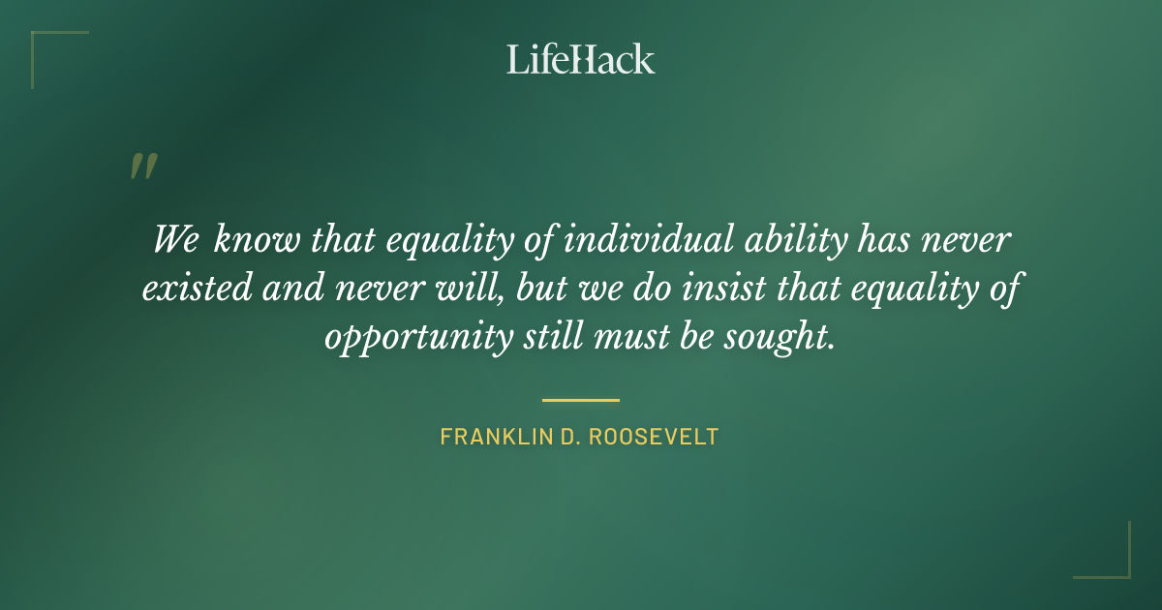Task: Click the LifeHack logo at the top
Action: point(581,59)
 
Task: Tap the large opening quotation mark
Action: point(142,167)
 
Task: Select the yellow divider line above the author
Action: point(581,399)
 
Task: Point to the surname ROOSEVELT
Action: point(658,437)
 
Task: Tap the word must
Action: point(627,338)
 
